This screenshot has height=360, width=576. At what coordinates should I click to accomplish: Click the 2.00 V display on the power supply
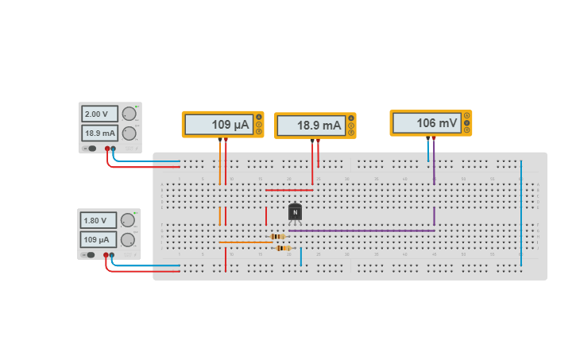[x=99, y=114]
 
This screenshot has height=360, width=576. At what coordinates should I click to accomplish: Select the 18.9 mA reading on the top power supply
[x=99, y=134]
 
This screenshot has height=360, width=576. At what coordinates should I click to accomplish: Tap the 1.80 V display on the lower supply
[x=98, y=220]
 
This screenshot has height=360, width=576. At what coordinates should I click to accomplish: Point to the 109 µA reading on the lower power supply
[x=98, y=239]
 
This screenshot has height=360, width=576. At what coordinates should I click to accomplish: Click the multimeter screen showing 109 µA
[x=218, y=125]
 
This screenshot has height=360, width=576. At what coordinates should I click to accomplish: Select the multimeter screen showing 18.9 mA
[x=310, y=126]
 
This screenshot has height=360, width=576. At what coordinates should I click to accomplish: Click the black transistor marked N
[x=296, y=212]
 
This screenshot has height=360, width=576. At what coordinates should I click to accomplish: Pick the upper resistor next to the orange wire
[x=277, y=236]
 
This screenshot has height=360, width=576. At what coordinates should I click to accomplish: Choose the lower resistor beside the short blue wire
[x=282, y=248]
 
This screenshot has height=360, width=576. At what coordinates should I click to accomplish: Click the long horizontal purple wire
[x=361, y=230]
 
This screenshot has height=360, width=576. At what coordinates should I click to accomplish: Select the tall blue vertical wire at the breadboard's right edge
[x=521, y=213]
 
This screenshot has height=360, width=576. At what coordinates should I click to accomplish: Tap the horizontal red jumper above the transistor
[x=288, y=190]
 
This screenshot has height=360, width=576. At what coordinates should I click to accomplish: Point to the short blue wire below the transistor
[x=300, y=256]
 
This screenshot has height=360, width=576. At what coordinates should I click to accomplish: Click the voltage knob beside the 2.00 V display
[x=129, y=114]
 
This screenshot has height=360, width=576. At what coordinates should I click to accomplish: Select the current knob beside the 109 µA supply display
[x=127, y=239]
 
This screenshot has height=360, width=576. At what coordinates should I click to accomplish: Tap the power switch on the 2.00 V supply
[x=92, y=148]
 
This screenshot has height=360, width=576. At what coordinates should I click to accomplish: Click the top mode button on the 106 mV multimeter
[x=466, y=116]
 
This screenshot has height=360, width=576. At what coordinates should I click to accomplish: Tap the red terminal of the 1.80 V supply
[x=105, y=255]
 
